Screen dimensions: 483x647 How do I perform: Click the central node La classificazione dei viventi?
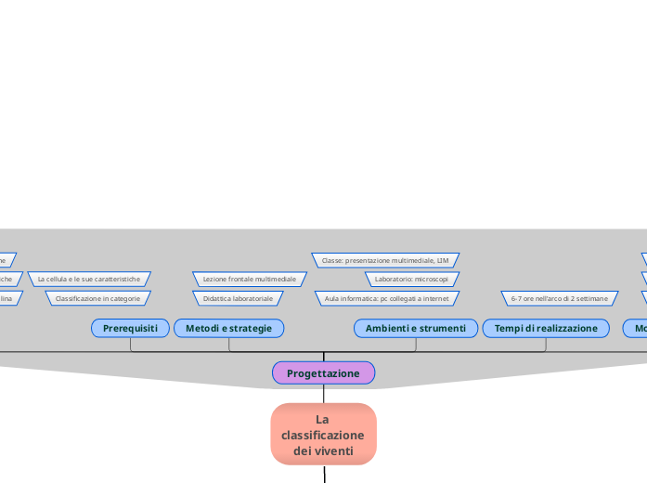pyautogui.click(x=323, y=434)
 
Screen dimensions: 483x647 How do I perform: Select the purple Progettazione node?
pyautogui.click(x=323, y=373)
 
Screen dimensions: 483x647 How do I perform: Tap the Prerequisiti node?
pyautogui.click(x=130, y=328)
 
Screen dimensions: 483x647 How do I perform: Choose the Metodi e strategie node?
pyautogui.click(x=228, y=328)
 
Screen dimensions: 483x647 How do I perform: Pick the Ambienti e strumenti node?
pyautogui.click(x=415, y=328)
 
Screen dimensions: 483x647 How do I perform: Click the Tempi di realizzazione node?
pyautogui.click(x=546, y=328)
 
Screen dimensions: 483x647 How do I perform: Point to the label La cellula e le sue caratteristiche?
pyautogui.click(x=89, y=279)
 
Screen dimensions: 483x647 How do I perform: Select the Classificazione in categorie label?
pyautogui.click(x=97, y=298)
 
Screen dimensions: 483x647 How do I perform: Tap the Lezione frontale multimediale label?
pyautogui.click(x=250, y=279)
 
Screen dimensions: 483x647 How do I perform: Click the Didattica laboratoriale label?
pyautogui.click(x=238, y=298)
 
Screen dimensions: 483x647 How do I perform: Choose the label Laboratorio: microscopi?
pyautogui.click(x=411, y=279)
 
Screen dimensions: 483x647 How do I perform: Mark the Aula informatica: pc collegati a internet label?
pyautogui.click(x=386, y=298)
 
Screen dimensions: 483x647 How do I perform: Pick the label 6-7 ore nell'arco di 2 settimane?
pyautogui.click(x=560, y=298)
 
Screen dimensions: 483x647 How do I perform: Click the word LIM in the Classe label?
pyautogui.click(x=443, y=261)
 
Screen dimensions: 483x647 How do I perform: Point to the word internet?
pyautogui.click(x=435, y=298)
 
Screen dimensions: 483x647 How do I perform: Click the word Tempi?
pyautogui.click(x=509, y=328)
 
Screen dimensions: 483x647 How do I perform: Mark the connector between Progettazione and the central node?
pyautogui.click(x=323, y=394)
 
